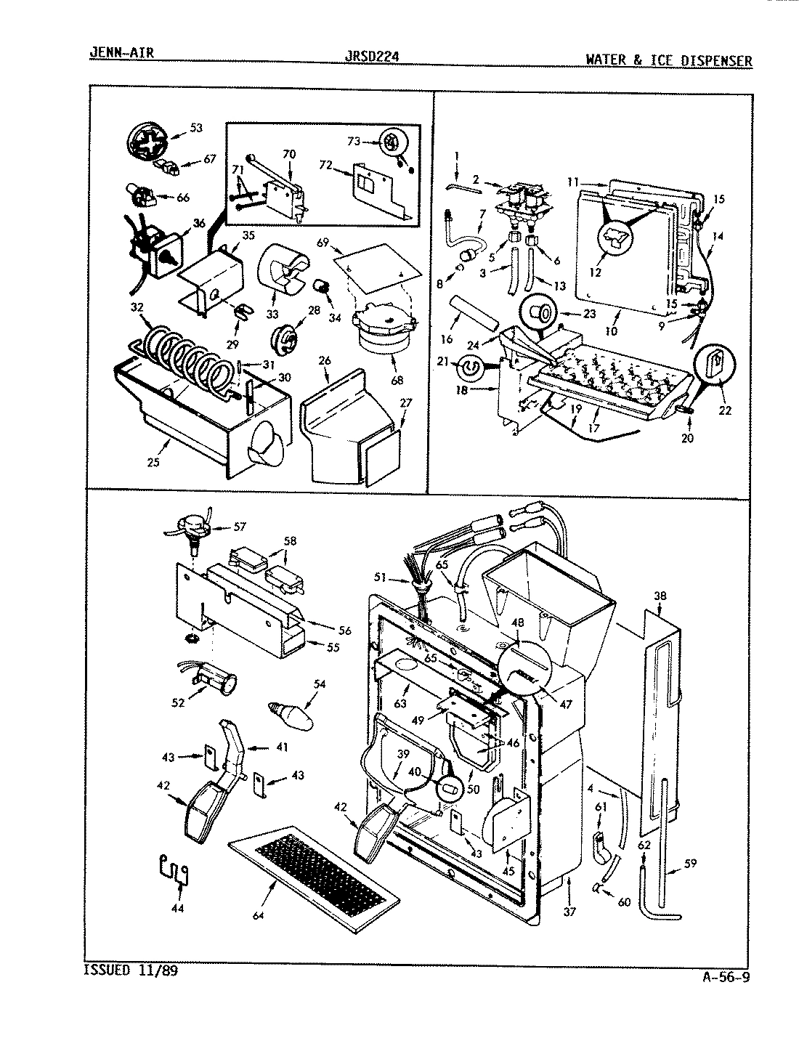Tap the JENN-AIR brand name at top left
tap(120, 52)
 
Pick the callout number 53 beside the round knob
tap(195, 129)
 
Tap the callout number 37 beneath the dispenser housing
tap(569, 912)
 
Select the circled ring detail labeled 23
tap(540, 314)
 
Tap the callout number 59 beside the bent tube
tap(690, 864)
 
